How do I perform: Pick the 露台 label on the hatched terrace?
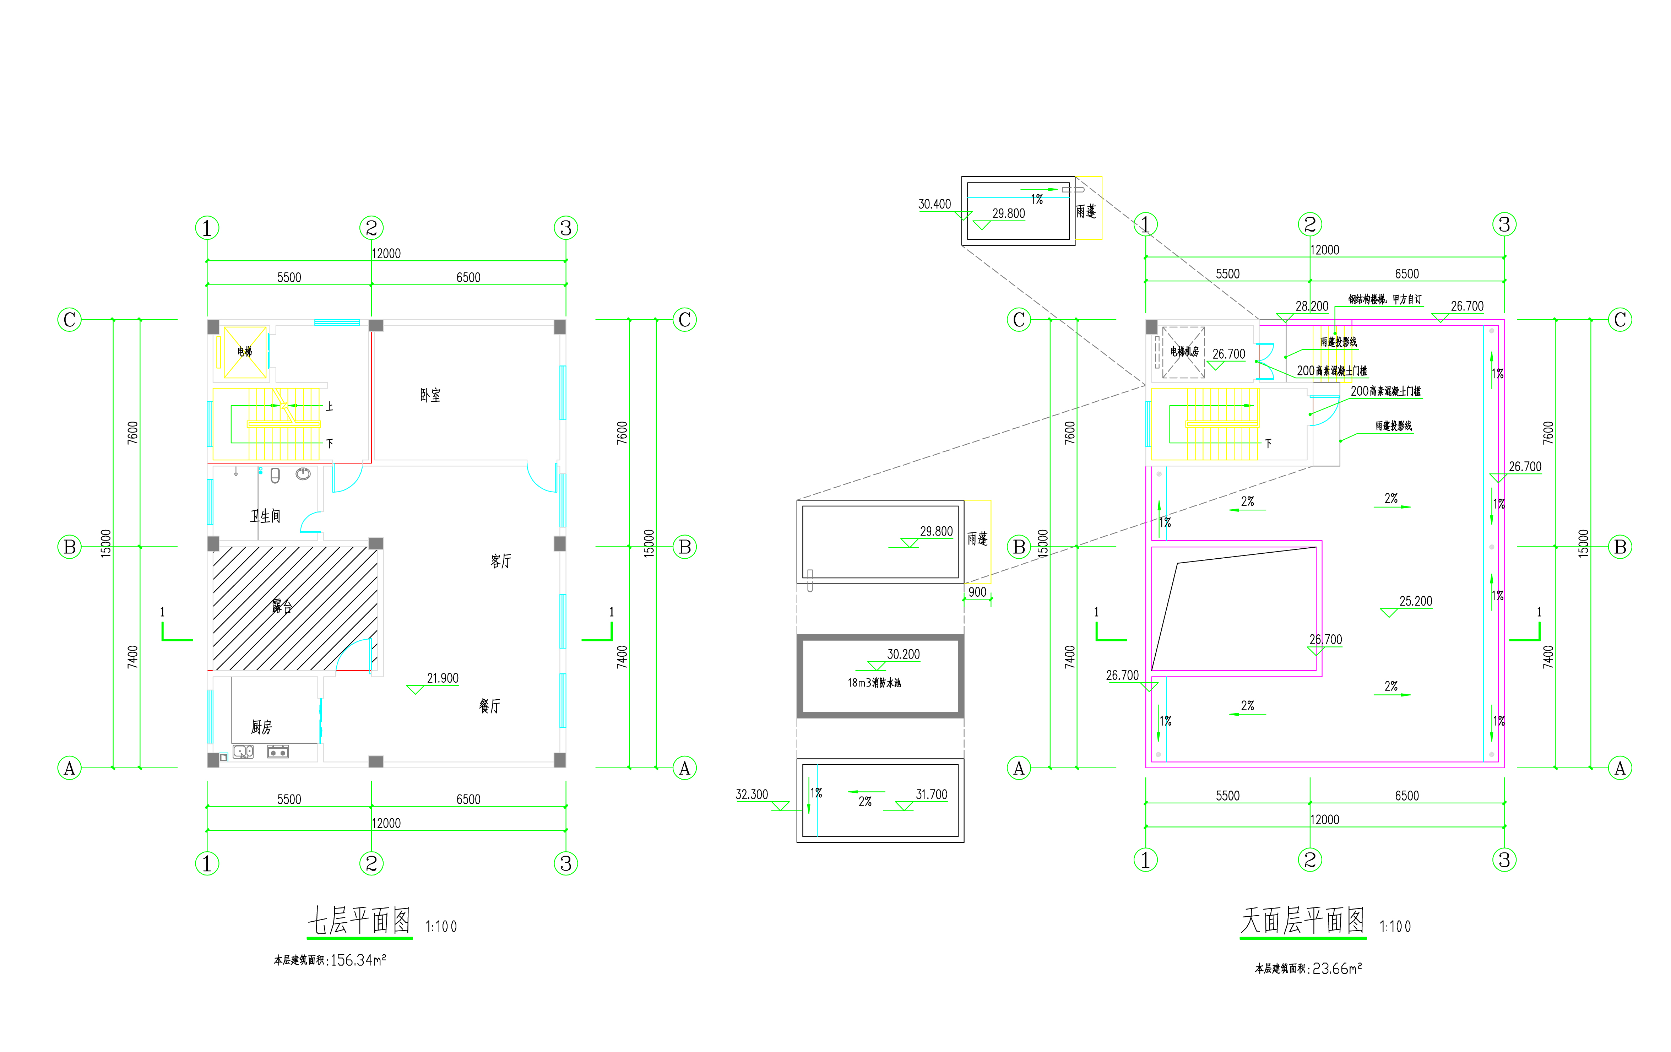click(x=282, y=607)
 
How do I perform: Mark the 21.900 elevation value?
click(x=443, y=678)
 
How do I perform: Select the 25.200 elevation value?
click(x=1416, y=601)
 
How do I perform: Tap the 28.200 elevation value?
click(x=1312, y=306)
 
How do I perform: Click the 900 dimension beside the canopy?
click(x=977, y=592)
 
